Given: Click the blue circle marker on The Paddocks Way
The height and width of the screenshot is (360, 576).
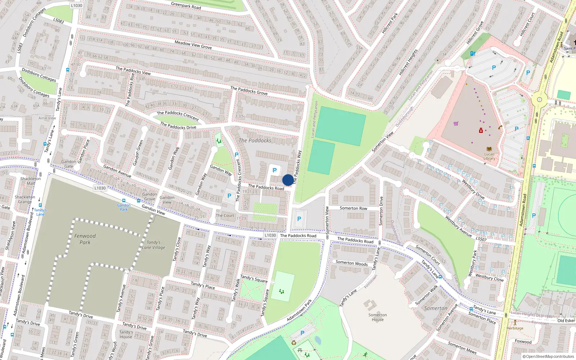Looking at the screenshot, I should (x=288, y=180).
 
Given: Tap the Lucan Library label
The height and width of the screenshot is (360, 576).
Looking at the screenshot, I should (x=489, y=156).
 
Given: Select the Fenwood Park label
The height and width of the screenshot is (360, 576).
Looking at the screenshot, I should (x=85, y=239).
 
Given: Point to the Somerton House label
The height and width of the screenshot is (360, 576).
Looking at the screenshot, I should (x=378, y=317).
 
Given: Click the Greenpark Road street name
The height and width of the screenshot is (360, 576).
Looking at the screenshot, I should (x=186, y=5).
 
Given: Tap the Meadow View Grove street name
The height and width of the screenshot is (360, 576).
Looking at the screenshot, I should (x=193, y=45).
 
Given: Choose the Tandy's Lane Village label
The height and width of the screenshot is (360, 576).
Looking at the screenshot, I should (x=154, y=245).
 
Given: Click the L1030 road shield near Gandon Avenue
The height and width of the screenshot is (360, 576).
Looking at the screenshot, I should (x=100, y=188).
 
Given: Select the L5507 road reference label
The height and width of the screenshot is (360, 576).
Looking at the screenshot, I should (x=481, y=239).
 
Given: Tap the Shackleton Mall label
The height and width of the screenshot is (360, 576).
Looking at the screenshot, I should (x=31, y=181).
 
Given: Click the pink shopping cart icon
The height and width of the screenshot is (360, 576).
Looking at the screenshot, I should (x=456, y=123).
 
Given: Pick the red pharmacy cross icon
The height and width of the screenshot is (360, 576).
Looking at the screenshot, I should (x=481, y=130).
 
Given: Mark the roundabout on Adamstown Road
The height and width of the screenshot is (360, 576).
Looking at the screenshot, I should (x=539, y=99).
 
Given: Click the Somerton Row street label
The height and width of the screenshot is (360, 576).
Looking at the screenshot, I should (x=354, y=208).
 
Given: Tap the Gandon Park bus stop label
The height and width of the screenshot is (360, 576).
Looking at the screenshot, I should (x=123, y=207).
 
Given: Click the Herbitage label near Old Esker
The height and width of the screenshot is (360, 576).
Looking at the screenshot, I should (x=515, y=328).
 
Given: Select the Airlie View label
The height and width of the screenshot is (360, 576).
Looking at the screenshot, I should (x=47, y=118).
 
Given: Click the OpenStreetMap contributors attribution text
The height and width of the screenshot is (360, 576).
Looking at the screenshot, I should (x=548, y=356).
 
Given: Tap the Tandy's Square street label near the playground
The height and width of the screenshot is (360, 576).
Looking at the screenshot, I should (x=254, y=279).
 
